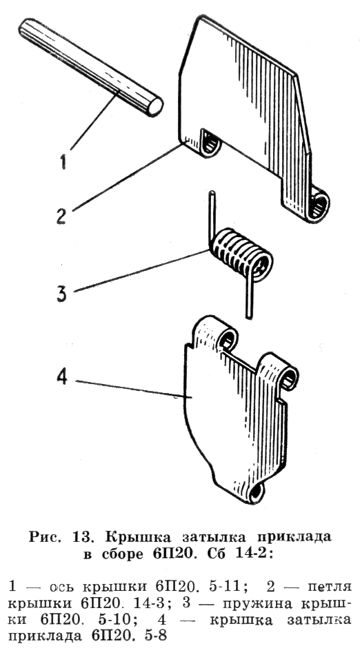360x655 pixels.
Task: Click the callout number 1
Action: [63, 161]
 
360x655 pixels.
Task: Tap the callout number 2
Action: [62, 216]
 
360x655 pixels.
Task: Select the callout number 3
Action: [61, 294]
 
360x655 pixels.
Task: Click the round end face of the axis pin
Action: [155, 106]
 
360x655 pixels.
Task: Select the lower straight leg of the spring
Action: [250, 296]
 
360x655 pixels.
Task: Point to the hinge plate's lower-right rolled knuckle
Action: [319, 205]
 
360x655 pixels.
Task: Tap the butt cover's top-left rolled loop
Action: [225, 339]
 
